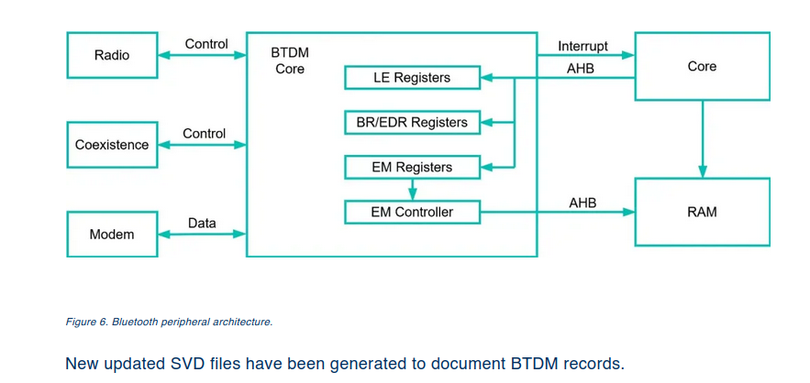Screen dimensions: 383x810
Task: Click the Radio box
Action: (x=112, y=56)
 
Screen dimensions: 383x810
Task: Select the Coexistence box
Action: (x=112, y=145)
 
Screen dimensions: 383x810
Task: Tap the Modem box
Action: (x=112, y=235)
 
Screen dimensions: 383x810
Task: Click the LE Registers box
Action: (x=412, y=78)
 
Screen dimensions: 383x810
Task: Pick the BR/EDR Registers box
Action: (x=412, y=123)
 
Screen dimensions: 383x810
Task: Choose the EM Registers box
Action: (x=412, y=168)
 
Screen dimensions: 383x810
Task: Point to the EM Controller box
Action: (x=412, y=213)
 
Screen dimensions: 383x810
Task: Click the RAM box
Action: (x=702, y=213)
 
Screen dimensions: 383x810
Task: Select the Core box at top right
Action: (x=702, y=67)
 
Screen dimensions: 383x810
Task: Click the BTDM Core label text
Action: (x=290, y=61)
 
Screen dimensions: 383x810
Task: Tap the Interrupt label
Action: (x=583, y=46)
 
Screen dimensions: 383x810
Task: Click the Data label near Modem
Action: (x=202, y=223)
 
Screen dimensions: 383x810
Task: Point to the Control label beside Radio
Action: (x=206, y=44)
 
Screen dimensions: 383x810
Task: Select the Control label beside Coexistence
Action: (x=204, y=134)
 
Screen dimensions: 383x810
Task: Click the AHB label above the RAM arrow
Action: (x=583, y=202)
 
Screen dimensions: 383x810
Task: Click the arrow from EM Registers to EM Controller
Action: (x=412, y=190)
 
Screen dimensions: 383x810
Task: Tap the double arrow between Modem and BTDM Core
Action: (x=202, y=235)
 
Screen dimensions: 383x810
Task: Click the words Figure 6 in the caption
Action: (x=87, y=322)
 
